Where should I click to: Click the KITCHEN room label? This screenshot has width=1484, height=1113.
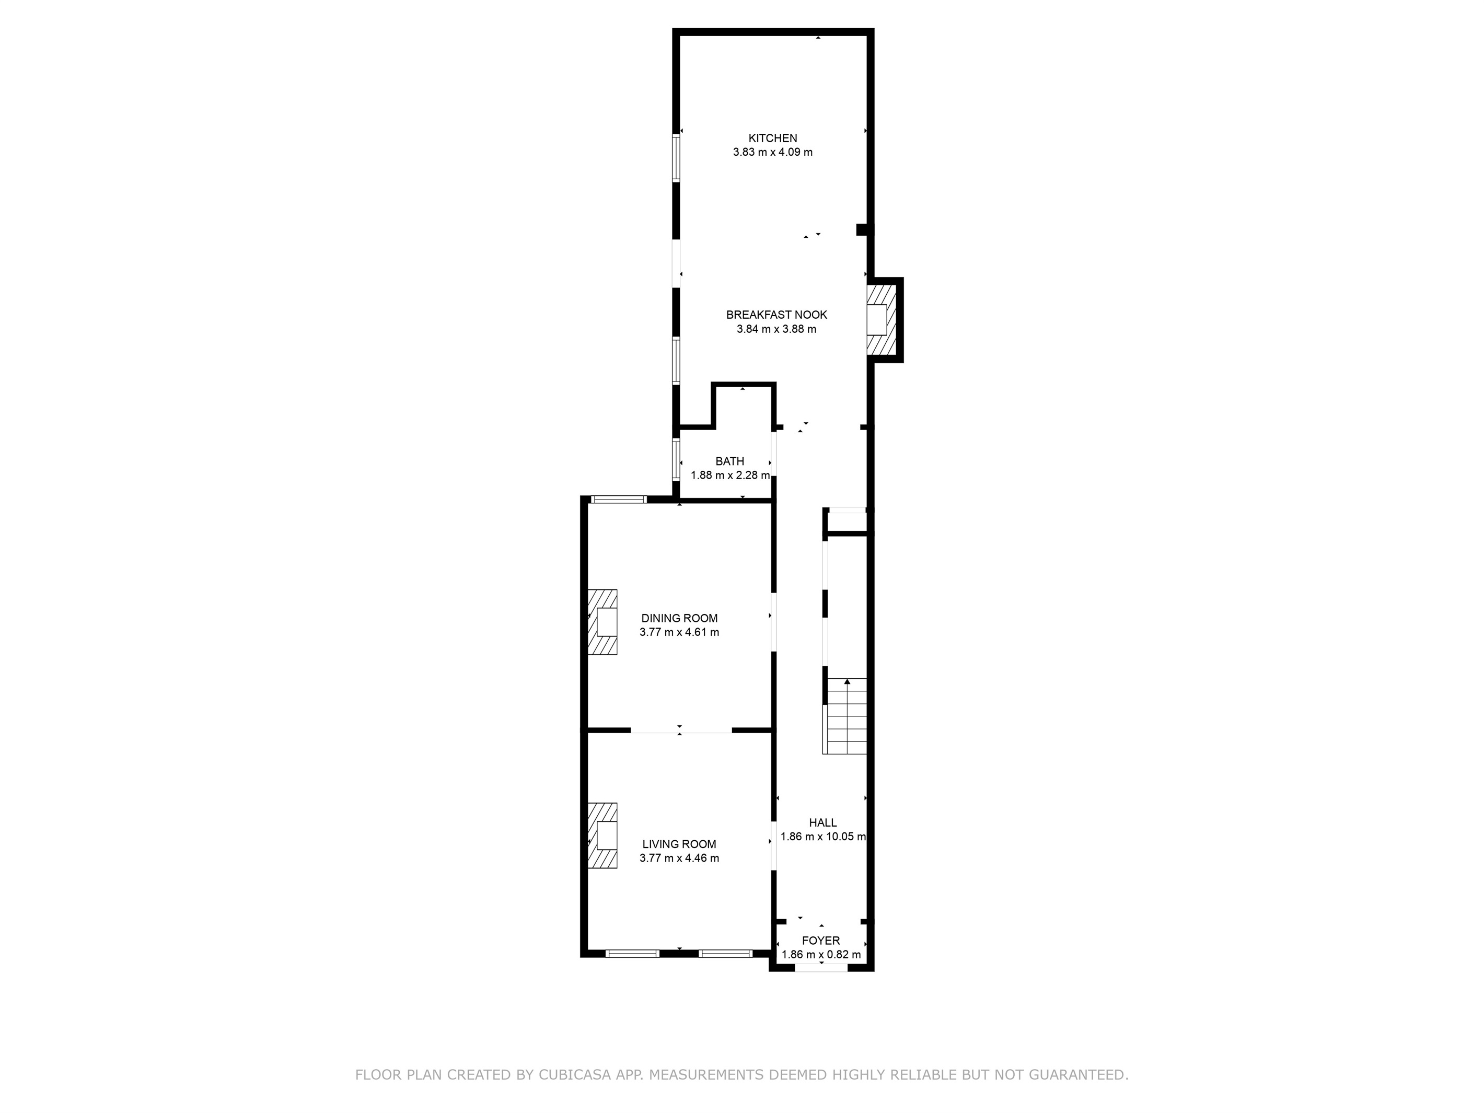(773, 138)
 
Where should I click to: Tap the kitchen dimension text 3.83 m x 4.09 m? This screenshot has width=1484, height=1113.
(773, 152)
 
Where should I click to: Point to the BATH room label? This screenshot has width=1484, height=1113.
(730, 461)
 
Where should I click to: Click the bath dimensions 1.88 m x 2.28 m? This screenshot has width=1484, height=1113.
(731, 476)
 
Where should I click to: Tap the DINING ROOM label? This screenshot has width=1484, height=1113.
(680, 619)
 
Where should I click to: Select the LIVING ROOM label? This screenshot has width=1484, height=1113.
(680, 844)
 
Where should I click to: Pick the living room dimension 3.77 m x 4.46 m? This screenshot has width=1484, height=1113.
(680, 859)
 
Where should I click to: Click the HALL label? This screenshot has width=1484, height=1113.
(823, 823)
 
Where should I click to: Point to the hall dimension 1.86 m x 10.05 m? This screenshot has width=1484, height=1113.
(823, 837)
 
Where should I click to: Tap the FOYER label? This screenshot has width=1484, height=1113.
(821, 941)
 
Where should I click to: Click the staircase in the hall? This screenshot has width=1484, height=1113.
(847, 716)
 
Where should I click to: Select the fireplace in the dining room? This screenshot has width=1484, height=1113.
(602, 622)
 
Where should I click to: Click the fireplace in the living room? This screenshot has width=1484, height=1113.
(602, 836)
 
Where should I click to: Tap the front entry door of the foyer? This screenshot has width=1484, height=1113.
(821, 967)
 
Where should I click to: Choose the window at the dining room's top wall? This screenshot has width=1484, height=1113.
(619, 499)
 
